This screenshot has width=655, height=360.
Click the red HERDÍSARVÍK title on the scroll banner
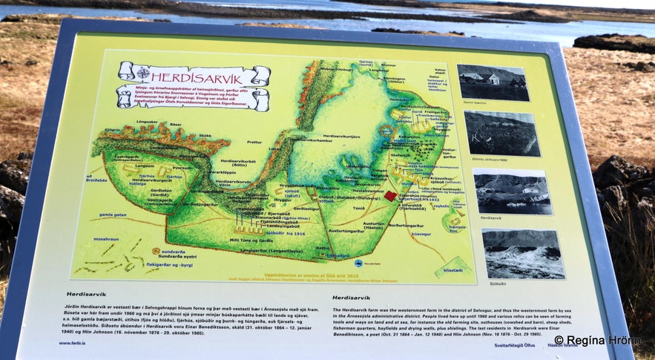click(x=194, y=76)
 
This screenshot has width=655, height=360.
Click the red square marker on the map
click(x=390, y=196)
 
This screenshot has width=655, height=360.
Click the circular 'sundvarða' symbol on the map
click(x=157, y=251)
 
